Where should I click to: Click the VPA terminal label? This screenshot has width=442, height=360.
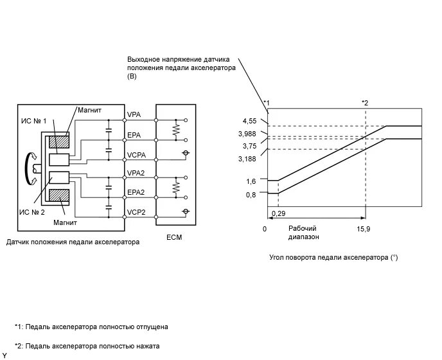(134, 114)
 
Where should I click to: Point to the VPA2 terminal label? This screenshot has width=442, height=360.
(136, 173)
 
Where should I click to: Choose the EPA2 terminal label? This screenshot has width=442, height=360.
(136, 192)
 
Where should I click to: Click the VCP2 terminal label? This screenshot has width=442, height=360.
(136, 212)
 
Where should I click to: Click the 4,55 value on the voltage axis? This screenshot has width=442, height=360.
(249, 120)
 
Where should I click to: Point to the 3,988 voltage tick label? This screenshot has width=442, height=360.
(247, 133)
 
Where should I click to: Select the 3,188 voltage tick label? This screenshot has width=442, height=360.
(247, 158)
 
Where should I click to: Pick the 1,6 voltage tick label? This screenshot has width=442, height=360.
(251, 182)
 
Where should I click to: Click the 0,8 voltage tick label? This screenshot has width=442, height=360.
(251, 194)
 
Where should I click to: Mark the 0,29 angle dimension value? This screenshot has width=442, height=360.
(279, 213)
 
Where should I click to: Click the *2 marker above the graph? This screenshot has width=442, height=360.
(365, 102)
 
